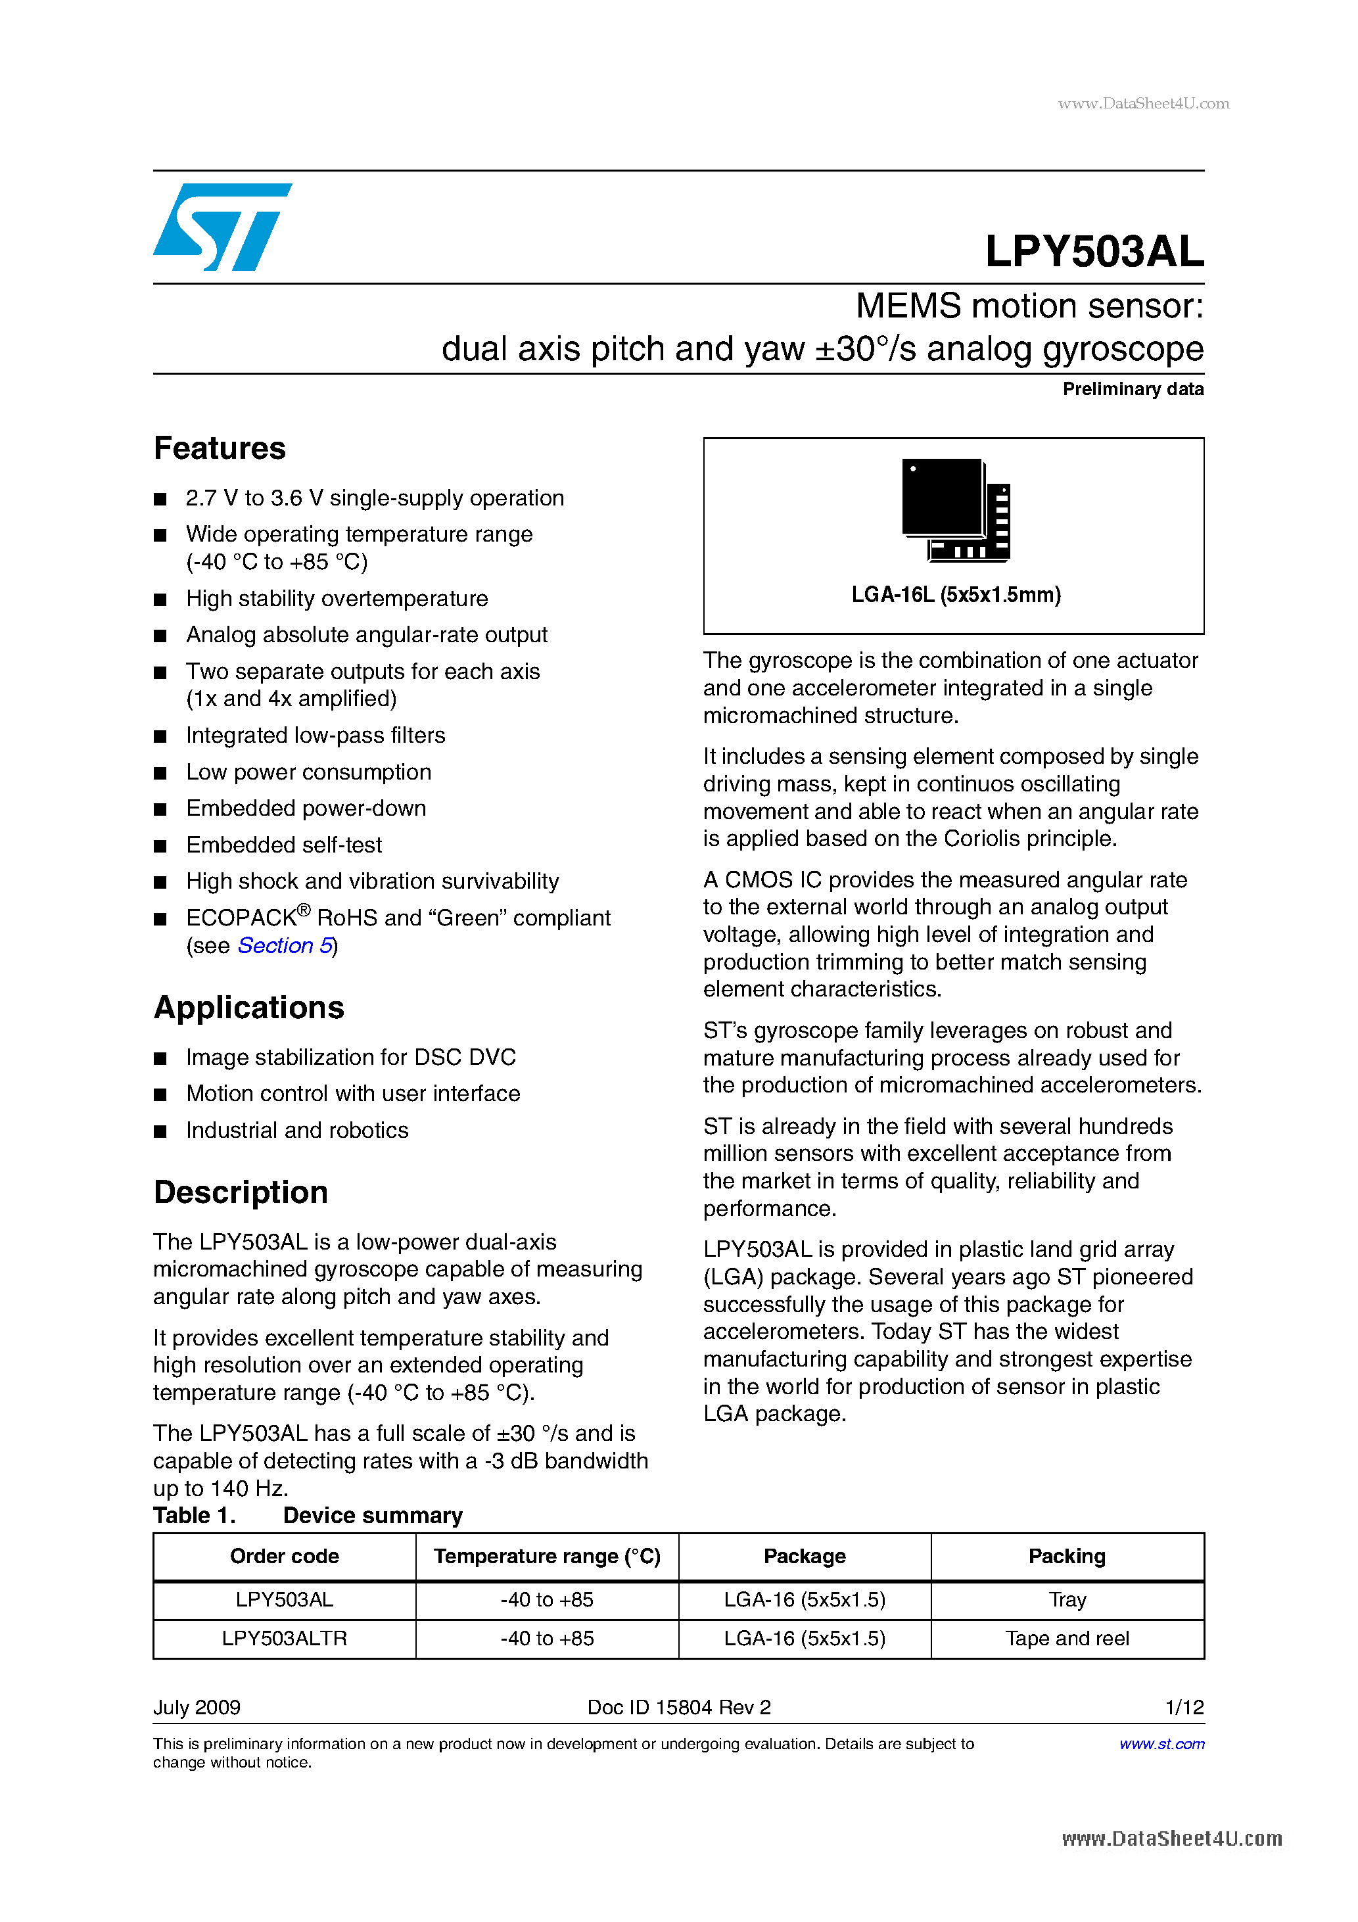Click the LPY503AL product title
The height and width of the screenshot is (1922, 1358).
click(x=1093, y=251)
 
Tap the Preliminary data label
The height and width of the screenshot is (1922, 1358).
click(x=1132, y=389)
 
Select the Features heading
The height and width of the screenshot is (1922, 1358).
click(x=220, y=449)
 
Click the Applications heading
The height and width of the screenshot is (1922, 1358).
click(x=248, y=1008)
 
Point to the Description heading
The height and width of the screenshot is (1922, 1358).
click(x=241, y=1192)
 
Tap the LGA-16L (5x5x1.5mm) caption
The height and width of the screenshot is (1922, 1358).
click(x=955, y=595)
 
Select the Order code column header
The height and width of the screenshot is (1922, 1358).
click(x=284, y=1556)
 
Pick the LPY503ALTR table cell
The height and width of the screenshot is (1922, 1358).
click(x=284, y=1638)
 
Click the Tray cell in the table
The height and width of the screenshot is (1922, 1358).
click(x=1067, y=1600)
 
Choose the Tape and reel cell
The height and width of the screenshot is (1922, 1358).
click(x=1067, y=1638)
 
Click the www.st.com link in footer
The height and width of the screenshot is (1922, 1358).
click(x=1161, y=1744)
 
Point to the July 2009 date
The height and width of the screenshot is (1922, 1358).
click(x=197, y=1708)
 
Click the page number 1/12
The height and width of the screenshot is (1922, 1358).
click(x=1184, y=1708)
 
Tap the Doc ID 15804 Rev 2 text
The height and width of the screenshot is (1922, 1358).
click(x=678, y=1708)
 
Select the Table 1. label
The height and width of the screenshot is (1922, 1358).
click(x=195, y=1515)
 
